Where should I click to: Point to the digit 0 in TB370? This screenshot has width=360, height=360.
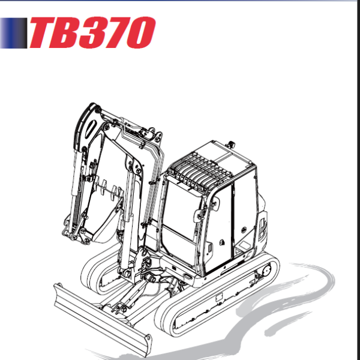point(144,33)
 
